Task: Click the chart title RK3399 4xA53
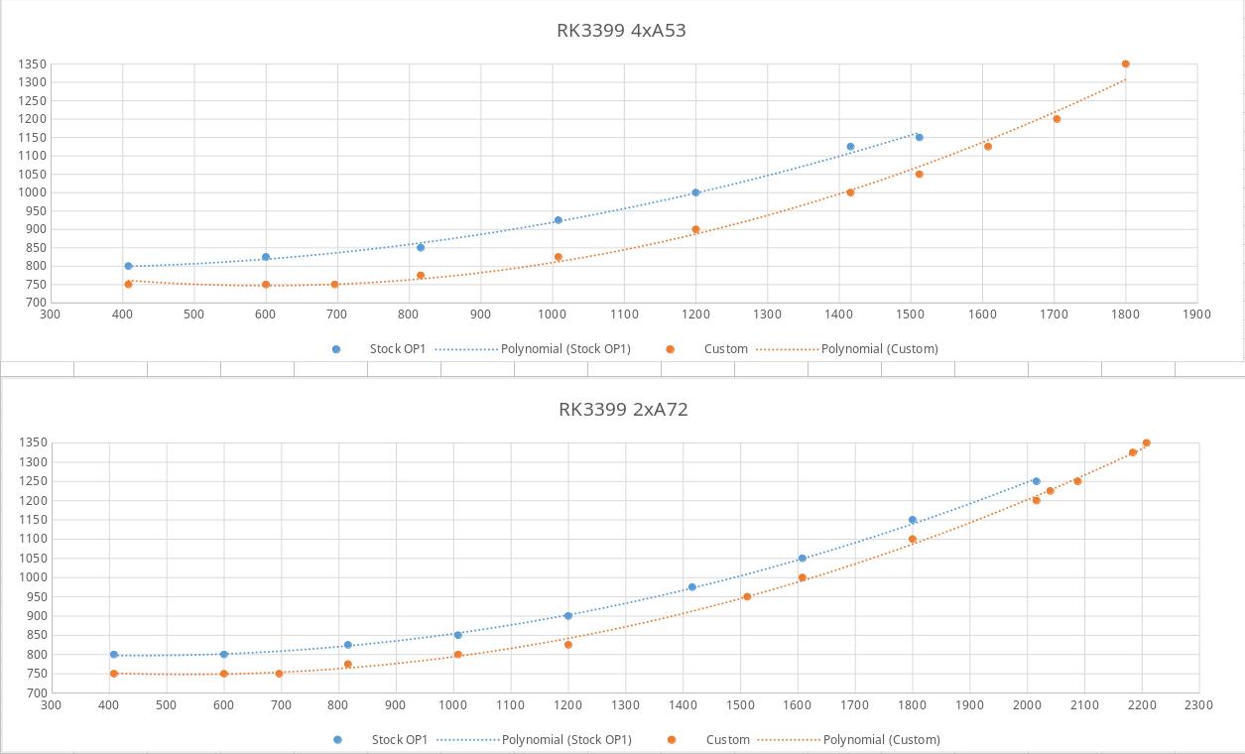tap(621, 30)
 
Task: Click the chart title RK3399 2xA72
tap(623, 409)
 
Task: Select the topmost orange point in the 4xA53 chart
tap(1125, 64)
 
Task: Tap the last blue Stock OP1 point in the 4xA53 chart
tap(919, 138)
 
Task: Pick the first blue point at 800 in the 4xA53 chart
tap(128, 266)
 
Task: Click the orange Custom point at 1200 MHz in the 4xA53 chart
tap(695, 229)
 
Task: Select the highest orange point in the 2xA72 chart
tap(1146, 443)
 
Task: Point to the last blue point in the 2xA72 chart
tap(1036, 481)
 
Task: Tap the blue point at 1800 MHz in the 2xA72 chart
tap(912, 520)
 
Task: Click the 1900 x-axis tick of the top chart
tap(1196, 314)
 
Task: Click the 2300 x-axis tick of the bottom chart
tap(1198, 705)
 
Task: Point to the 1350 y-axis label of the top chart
tap(31, 64)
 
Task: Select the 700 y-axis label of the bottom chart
tap(35, 692)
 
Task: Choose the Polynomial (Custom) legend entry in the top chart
tap(879, 349)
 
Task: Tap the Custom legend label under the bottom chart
tap(727, 739)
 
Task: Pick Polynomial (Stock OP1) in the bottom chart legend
tap(565, 739)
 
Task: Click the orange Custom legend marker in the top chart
tap(671, 349)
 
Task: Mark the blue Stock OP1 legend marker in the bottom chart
tap(337, 739)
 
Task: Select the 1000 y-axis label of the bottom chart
tap(31, 577)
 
